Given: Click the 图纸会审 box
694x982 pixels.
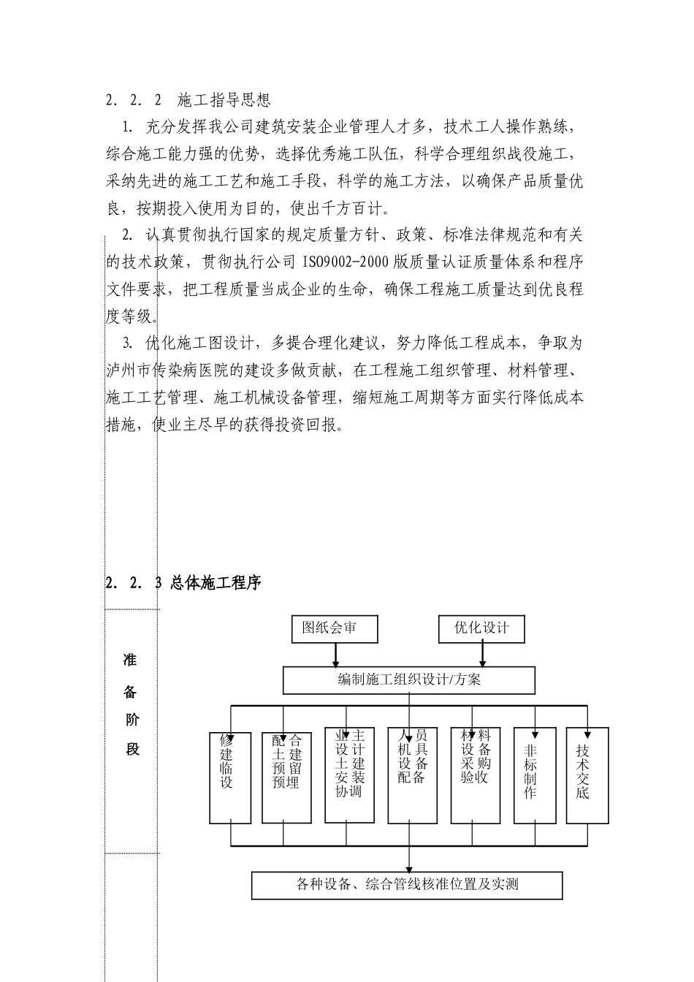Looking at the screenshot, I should [x=334, y=629].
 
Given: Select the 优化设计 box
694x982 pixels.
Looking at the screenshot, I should [x=481, y=629].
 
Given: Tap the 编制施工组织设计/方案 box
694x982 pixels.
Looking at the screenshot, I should [x=409, y=680].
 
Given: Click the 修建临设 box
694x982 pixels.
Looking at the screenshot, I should [x=230, y=775].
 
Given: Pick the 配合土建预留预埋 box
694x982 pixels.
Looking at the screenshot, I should [x=283, y=775].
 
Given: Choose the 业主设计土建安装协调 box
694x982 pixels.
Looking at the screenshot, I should [x=349, y=774].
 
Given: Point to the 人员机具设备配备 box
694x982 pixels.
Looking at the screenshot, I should [x=412, y=774].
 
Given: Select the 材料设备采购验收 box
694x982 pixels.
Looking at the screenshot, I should [x=476, y=774].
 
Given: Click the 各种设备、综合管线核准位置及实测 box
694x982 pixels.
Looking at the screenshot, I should [x=407, y=885].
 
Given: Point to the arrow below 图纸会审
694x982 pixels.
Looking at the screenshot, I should [x=335, y=655].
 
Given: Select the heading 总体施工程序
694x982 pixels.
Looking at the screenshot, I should [x=216, y=583].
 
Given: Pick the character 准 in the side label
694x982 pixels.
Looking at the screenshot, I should [x=131, y=661].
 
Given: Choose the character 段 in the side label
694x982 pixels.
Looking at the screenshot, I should [x=131, y=750].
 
